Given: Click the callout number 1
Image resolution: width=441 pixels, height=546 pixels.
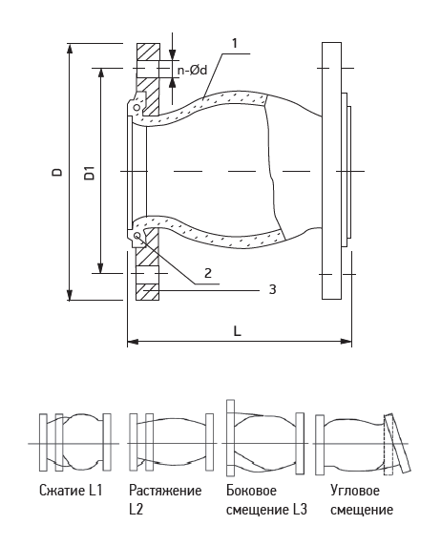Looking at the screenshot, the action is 235,43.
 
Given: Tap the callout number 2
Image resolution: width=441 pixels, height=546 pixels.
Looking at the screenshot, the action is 208,273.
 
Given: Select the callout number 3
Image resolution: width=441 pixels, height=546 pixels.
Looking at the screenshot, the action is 272,289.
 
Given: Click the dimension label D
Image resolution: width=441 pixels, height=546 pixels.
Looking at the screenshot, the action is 57,172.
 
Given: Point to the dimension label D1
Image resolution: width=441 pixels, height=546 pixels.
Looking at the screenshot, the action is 89,173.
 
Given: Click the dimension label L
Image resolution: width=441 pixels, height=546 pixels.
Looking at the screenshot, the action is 237,331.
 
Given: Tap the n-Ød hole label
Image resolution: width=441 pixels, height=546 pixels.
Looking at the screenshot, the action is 192,71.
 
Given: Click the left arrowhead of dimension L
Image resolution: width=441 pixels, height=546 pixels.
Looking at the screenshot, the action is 133,342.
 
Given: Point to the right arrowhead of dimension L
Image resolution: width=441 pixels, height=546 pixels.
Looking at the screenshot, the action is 346,342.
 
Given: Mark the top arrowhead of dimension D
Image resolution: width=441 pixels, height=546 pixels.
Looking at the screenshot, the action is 70,49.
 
